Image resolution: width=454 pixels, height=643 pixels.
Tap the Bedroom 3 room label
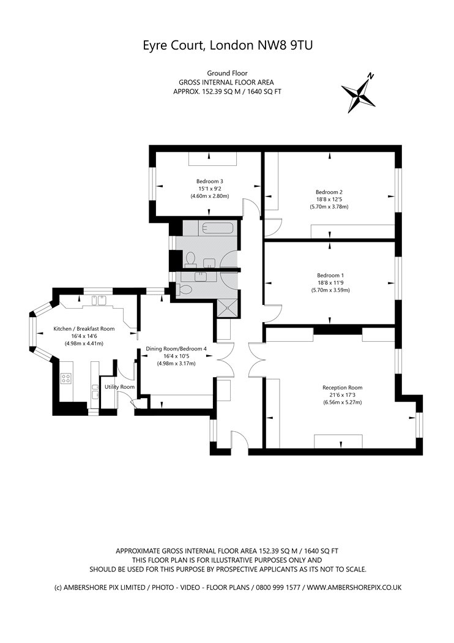tap(210, 181)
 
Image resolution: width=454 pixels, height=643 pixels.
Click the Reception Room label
tap(343, 387)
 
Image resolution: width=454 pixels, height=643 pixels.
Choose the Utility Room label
tap(119, 387)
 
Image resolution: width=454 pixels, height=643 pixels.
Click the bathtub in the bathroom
tap(216, 228)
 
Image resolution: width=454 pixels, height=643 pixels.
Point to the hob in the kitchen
tap(67, 379)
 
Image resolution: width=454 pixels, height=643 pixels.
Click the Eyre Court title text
tap(227, 45)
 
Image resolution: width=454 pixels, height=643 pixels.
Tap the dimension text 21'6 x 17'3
tap(343, 395)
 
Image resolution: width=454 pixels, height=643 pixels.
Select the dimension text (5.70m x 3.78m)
tap(329, 207)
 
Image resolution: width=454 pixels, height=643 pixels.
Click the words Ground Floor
tap(227, 73)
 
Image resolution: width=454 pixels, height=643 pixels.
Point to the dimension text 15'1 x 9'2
tap(210, 189)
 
